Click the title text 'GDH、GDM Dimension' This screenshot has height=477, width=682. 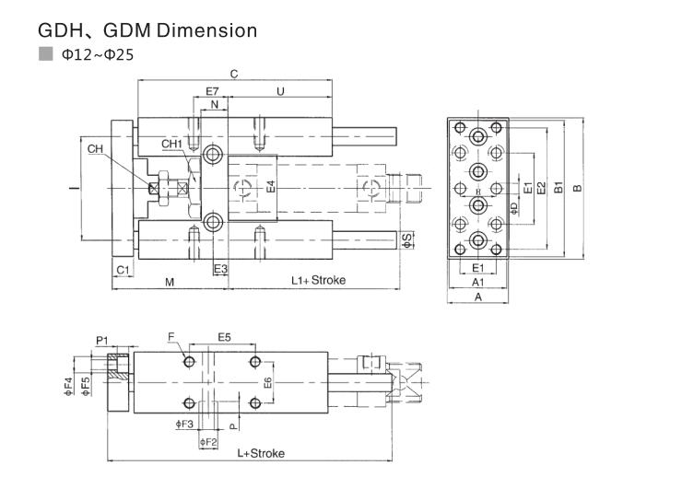[x=147, y=30]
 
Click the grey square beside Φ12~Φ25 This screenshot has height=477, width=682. [x=46, y=53]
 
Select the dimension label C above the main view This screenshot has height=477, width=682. [x=234, y=75]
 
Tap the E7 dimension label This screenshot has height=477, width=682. [x=212, y=91]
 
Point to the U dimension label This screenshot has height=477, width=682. [x=280, y=91]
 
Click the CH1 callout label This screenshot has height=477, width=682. [x=171, y=145]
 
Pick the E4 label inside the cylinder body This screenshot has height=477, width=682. [x=271, y=187]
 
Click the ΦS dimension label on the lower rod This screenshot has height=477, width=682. [x=407, y=240]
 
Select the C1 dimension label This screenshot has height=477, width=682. [x=123, y=270]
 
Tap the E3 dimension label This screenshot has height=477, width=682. [x=220, y=269]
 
